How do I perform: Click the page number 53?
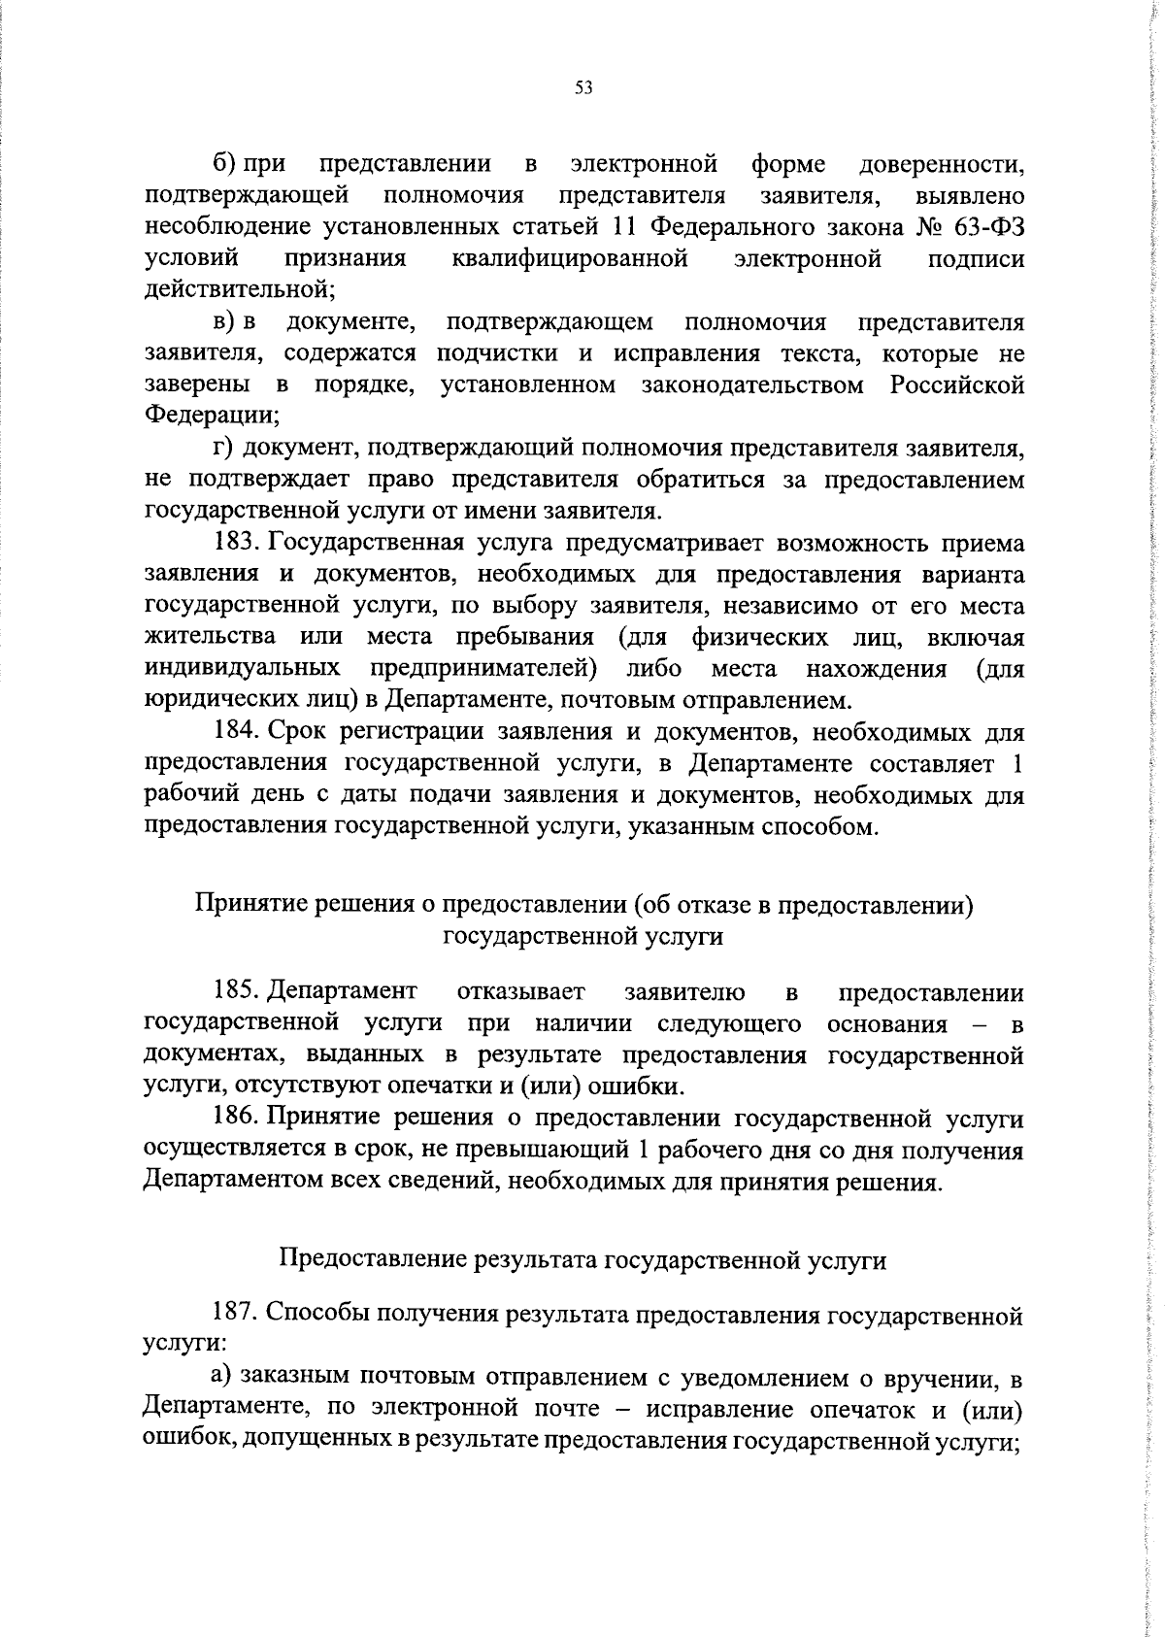pos(582,87)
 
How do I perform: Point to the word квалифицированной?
pos(570,258)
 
